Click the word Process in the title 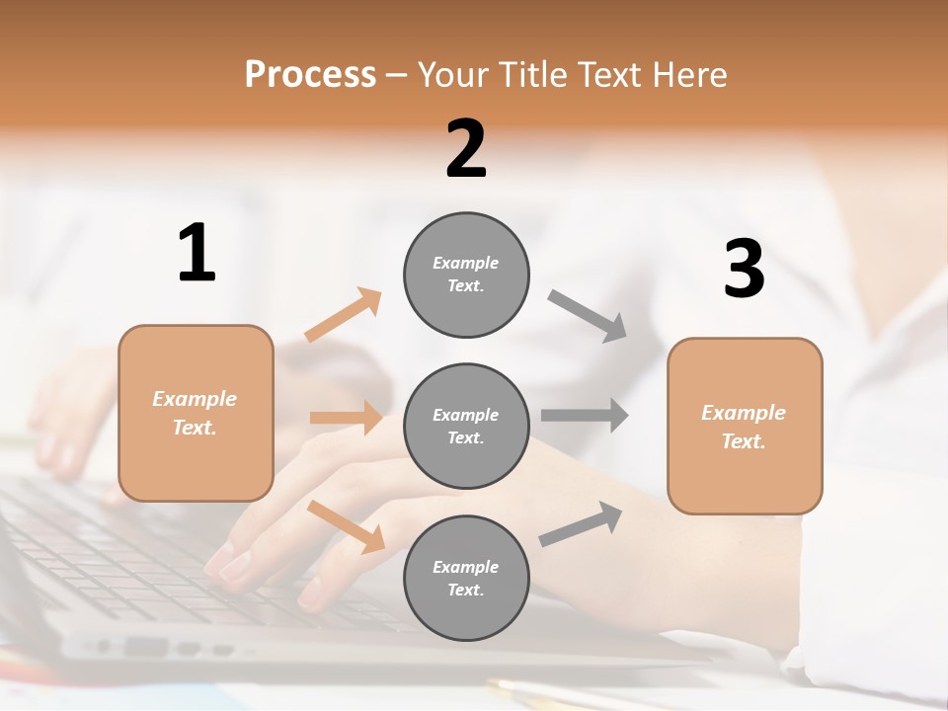[310, 75]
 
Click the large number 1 [197, 254]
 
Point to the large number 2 [466, 149]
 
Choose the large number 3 [744, 270]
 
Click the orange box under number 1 [196, 413]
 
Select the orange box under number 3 [745, 426]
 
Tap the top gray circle [466, 275]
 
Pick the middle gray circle [466, 426]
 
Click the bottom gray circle [466, 578]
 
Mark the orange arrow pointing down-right [347, 526]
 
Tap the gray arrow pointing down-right [588, 315]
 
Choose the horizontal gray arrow [584, 415]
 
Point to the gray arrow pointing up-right [581, 523]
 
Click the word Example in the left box [195, 399]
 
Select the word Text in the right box [743, 441]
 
